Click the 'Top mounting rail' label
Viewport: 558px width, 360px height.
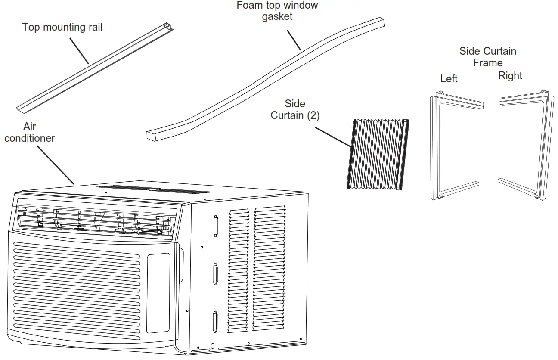pos(62,28)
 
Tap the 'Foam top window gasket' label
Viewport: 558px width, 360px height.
pos(277,11)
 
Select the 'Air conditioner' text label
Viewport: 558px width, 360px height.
pos(30,132)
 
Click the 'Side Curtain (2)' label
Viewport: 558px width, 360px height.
pos(295,110)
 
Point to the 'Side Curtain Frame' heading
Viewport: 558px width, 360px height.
pos(487,57)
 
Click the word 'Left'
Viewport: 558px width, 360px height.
pos(449,79)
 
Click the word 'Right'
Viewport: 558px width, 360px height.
pos(510,76)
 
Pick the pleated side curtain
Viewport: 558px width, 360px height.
pos(378,154)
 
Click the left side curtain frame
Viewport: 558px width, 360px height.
pos(436,146)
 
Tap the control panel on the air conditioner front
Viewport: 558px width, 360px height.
pos(158,293)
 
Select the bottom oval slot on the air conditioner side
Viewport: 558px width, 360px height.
pos(215,322)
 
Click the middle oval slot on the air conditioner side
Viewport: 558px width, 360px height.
pos(215,274)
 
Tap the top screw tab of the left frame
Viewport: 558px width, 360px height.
pos(440,93)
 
